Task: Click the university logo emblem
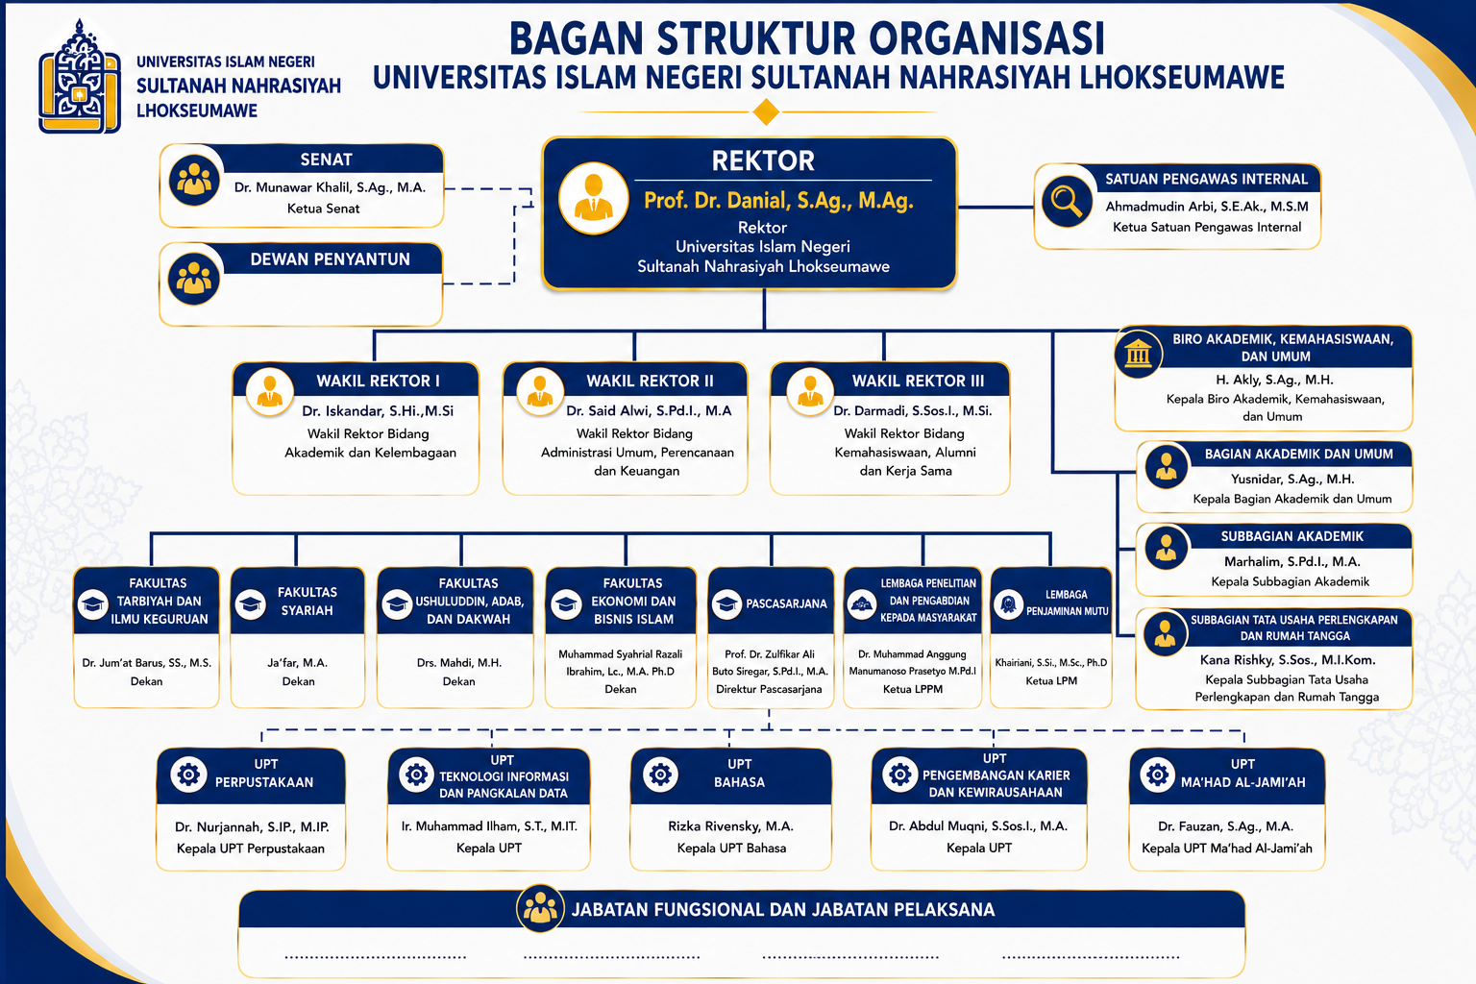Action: [80, 77]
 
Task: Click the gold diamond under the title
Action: [766, 111]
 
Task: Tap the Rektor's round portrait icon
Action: [593, 198]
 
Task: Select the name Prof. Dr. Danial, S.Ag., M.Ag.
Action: [778, 201]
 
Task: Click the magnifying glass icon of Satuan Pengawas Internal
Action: [1066, 201]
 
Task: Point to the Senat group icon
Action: [194, 180]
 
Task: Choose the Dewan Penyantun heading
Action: [330, 259]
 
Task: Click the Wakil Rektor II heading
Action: [650, 381]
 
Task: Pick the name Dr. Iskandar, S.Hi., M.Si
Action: [378, 411]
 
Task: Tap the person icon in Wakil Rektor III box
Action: [810, 391]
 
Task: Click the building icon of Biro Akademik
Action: [1138, 354]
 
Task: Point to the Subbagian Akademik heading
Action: [1291, 536]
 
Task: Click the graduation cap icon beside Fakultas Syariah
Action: [251, 603]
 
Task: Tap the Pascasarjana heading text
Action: [786, 603]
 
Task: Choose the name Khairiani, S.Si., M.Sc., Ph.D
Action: [1050, 662]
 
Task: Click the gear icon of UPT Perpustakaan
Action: [188, 774]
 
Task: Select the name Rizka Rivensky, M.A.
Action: [730, 825]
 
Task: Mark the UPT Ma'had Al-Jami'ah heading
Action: [1242, 774]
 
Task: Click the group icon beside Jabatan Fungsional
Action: [540, 908]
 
